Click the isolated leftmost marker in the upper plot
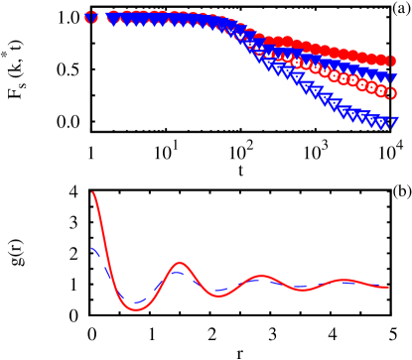tap(91, 17)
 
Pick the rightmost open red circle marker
tap(392, 93)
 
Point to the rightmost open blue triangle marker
tap(392, 123)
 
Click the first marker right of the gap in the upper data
tap(112, 17)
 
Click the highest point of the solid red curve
tap(92, 192)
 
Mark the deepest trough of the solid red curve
tap(136, 310)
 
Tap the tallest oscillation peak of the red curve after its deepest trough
tap(179, 263)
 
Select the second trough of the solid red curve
tap(220, 296)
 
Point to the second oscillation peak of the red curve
tap(262, 275)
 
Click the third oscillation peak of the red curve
tap(345, 280)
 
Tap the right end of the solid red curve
tap(387, 287)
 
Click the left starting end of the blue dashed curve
tap(92, 247)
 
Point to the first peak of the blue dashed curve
tap(179, 268)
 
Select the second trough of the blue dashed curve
tap(220, 292)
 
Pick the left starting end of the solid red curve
tap(92, 192)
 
